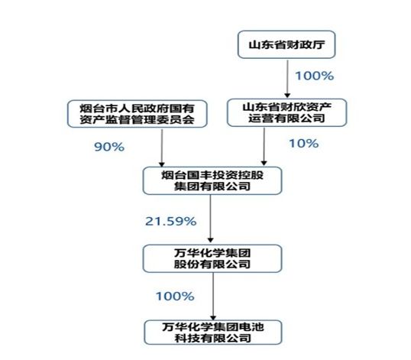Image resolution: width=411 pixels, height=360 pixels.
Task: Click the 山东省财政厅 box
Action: pyautogui.click(x=286, y=44)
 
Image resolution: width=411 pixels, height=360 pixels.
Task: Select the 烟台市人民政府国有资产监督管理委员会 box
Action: pyautogui.click(x=138, y=114)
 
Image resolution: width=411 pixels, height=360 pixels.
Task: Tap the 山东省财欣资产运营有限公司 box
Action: pyautogui.click(x=287, y=112)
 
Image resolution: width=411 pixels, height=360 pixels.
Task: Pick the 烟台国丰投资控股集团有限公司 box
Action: pyautogui.click(x=212, y=180)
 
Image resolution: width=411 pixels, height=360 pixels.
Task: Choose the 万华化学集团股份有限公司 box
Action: pyautogui.click(x=212, y=258)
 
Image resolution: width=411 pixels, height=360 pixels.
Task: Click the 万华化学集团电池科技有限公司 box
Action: pyautogui.click(x=213, y=332)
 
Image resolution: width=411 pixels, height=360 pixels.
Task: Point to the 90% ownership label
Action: pyautogui.click(x=109, y=147)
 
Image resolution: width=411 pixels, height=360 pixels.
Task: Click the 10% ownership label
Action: pyautogui.click(x=304, y=144)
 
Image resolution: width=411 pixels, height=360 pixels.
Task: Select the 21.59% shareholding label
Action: pyautogui.click(x=170, y=222)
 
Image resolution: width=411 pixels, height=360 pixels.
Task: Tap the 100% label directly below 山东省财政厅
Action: pyautogui.click(x=315, y=76)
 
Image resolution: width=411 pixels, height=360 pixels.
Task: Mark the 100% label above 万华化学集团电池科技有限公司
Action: pyautogui.click(x=175, y=297)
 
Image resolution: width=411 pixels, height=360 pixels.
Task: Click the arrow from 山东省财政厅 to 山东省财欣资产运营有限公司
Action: pyautogui.click(x=287, y=79)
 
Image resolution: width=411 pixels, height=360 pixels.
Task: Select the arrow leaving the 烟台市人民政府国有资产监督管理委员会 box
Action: pyautogui.click(x=162, y=148)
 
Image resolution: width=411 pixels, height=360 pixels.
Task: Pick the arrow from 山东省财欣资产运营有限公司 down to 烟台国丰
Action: pyautogui.click(x=264, y=147)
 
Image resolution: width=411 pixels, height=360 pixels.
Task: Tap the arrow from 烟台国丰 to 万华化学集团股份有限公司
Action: pyautogui.click(x=211, y=219)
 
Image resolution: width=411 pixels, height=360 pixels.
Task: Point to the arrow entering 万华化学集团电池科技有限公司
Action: pyautogui.click(x=213, y=297)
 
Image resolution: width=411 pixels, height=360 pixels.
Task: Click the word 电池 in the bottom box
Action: pyautogui.click(x=251, y=327)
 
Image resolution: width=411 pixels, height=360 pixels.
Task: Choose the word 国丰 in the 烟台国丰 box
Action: pyautogui.click(x=199, y=175)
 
